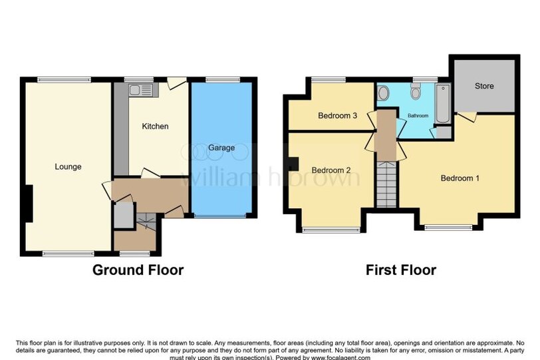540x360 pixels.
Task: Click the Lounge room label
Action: point(68,167)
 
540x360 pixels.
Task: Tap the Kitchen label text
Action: point(156,126)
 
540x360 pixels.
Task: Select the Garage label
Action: point(221,148)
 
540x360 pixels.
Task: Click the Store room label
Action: point(484,86)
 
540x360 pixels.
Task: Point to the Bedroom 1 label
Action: point(460,178)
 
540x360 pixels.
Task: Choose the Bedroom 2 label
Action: point(331,170)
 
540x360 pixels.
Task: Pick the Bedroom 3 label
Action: point(337,116)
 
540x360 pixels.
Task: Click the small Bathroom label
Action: point(418,116)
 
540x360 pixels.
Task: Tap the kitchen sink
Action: point(140,90)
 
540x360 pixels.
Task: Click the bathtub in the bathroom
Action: point(443,103)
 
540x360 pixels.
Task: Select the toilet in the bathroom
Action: point(416,90)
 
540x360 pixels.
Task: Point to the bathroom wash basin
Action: point(383,93)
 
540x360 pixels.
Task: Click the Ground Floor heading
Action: point(138,270)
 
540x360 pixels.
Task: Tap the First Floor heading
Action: point(401,270)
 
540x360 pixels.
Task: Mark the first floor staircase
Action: point(386,184)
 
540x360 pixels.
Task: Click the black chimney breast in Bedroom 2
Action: point(293,164)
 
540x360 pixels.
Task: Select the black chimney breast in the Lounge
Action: point(29,204)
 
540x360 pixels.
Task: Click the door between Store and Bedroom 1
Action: point(468,116)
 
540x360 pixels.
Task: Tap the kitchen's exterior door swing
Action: point(176,83)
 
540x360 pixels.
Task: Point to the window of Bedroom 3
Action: point(329,80)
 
